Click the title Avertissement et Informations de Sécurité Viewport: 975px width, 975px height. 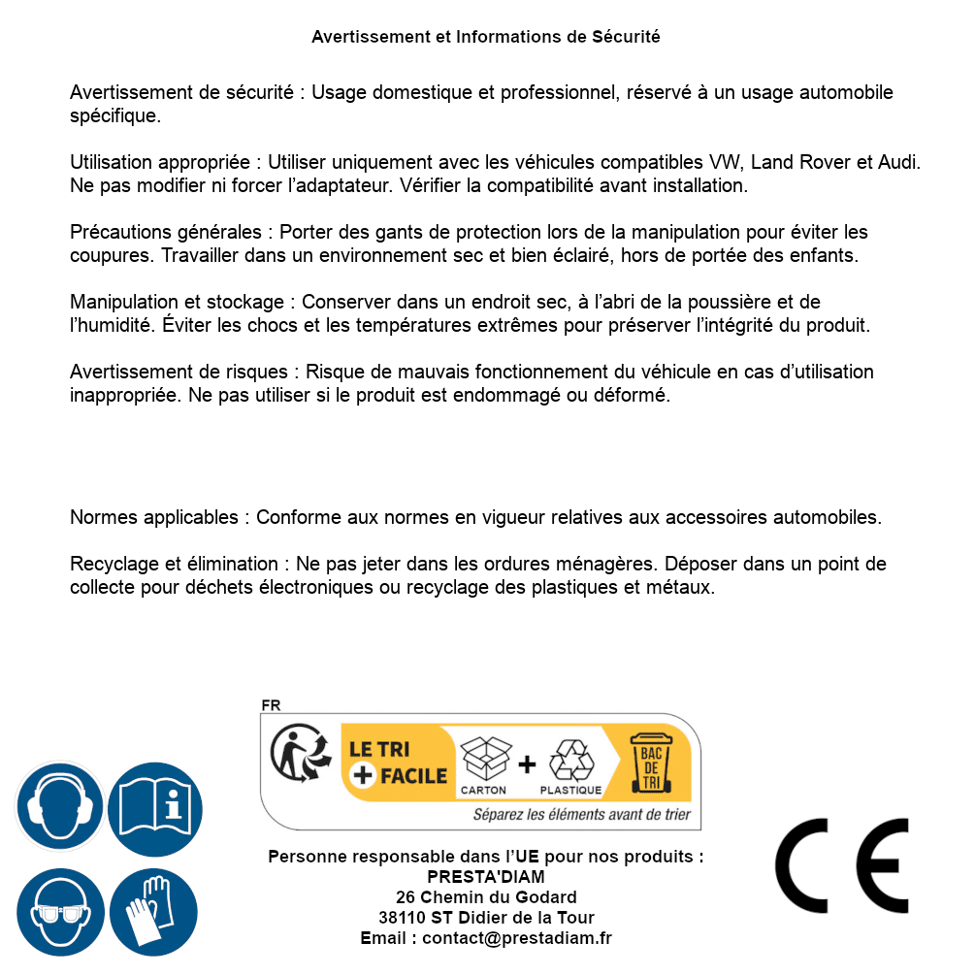(485, 37)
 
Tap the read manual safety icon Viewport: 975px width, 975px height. (155, 806)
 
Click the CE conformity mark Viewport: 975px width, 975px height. (841, 865)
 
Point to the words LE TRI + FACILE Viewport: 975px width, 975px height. (398, 763)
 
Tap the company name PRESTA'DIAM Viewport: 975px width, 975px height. (485, 877)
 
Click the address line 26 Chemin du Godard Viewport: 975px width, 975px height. (485, 897)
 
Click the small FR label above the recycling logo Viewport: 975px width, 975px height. (271, 705)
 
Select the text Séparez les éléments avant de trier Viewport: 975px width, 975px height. (581, 815)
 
